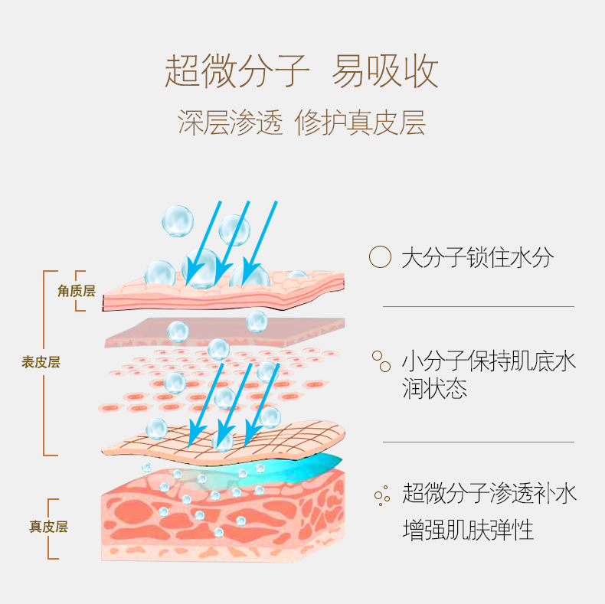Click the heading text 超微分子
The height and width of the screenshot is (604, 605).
click(x=237, y=70)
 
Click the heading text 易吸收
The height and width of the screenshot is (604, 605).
click(x=385, y=70)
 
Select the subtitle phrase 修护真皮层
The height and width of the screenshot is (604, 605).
click(x=360, y=123)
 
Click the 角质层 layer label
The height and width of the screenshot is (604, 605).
click(x=76, y=291)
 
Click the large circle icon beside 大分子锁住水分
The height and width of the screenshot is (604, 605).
click(x=380, y=257)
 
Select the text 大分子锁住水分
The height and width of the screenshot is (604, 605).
click(x=476, y=257)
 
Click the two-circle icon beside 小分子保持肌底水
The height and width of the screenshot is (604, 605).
click(x=381, y=361)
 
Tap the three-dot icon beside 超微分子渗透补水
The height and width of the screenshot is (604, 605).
click(x=381, y=495)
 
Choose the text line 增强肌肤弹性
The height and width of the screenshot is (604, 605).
click(x=467, y=530)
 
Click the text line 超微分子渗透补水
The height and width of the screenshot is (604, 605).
click(x=489, y=494)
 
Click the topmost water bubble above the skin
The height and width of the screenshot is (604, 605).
click(x=178, y=220)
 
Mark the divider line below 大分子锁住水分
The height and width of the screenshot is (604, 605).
click(x=478, y=306)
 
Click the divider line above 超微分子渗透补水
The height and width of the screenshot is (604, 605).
click(x=478, y=442)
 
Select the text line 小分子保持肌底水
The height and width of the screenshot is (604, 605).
click(x=489, y=361)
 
